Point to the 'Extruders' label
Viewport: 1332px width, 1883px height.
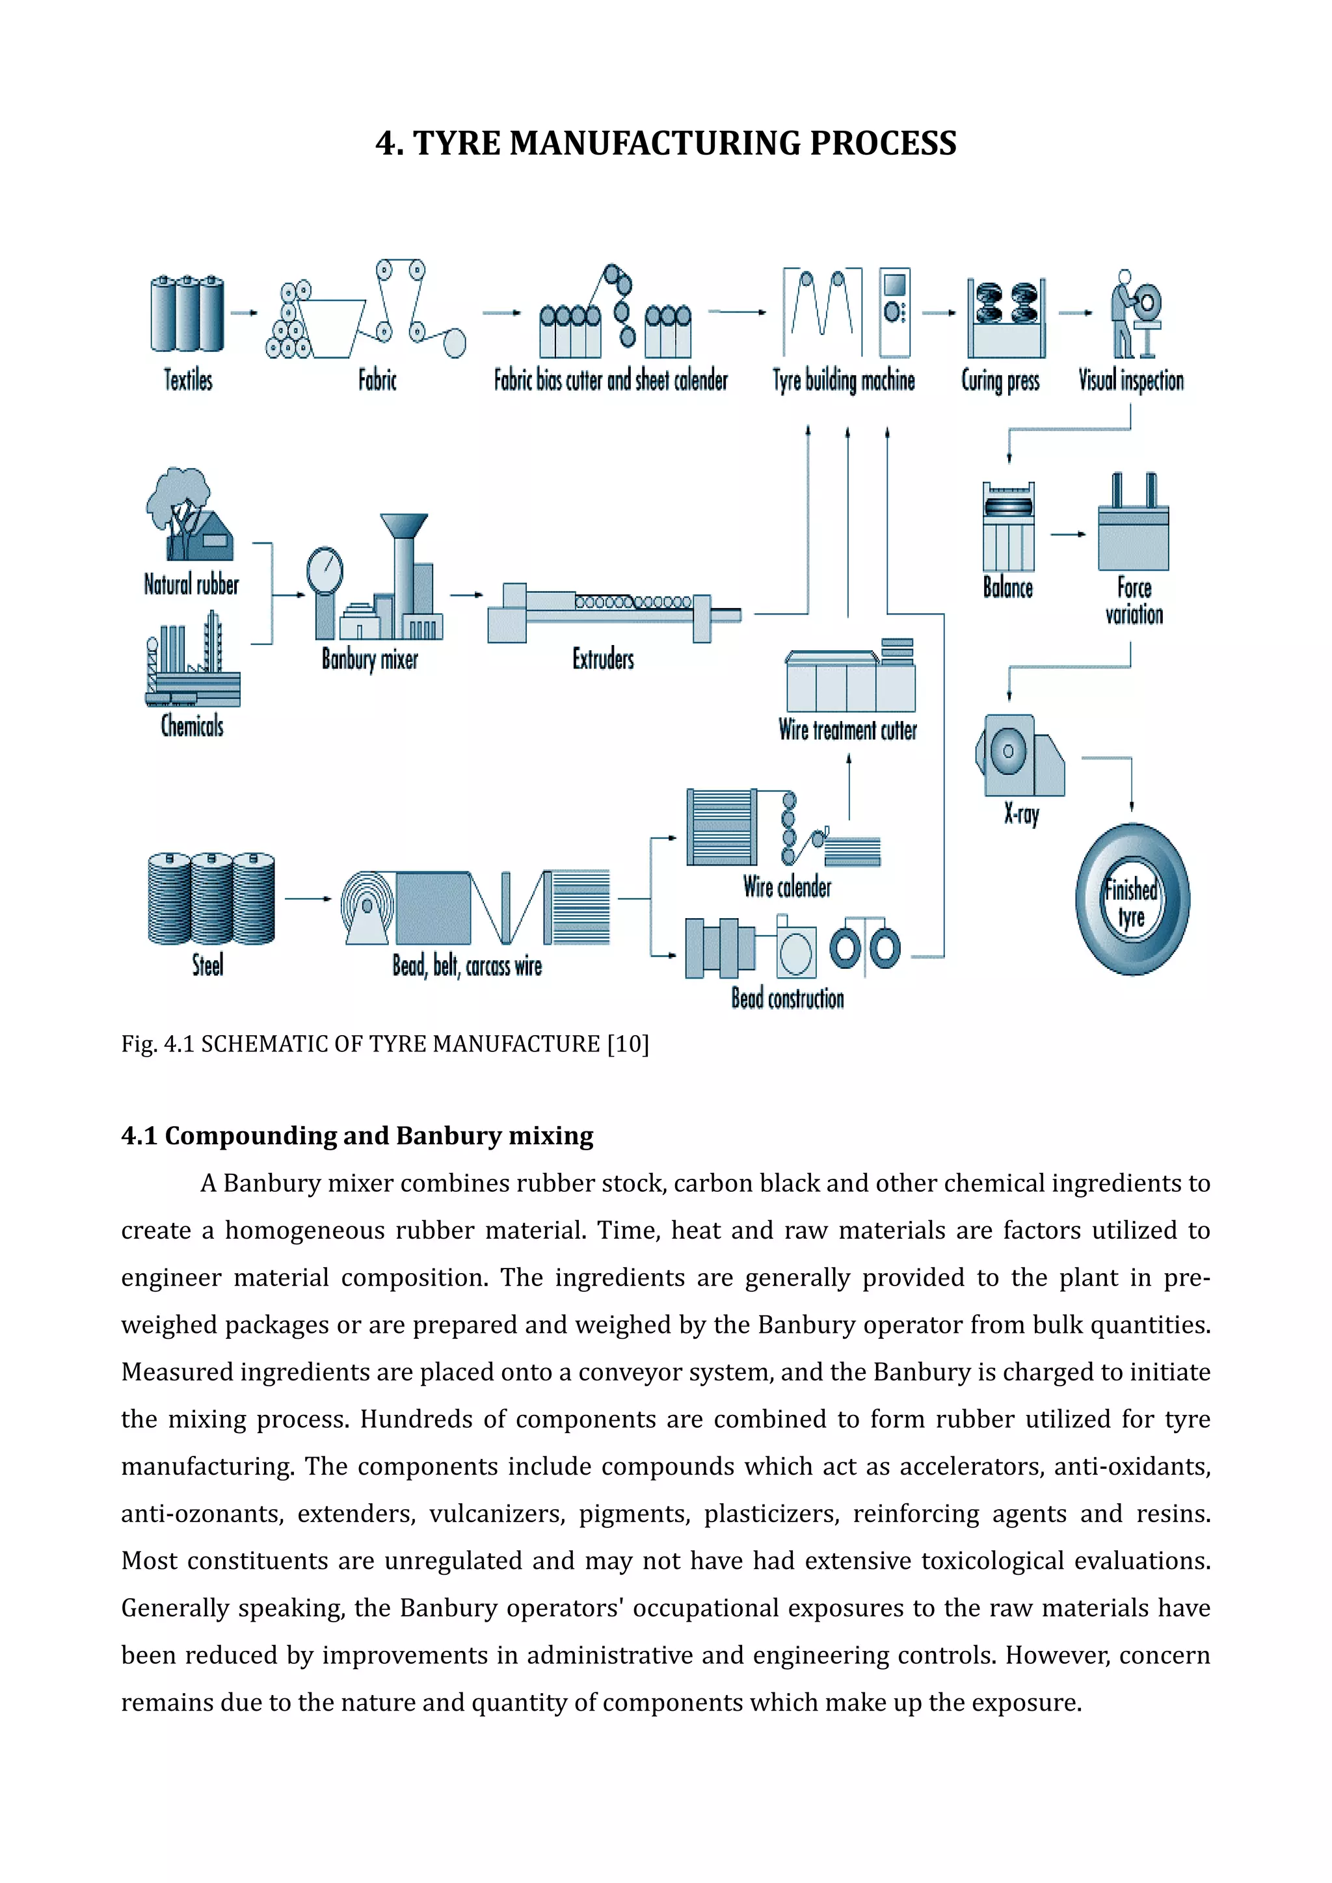pyautogui.click(x=603, y=659)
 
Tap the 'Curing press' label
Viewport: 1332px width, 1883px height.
pyautogui.click(x=1000, y=380)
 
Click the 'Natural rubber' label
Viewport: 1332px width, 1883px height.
pyautogui.click(x=191, y=585)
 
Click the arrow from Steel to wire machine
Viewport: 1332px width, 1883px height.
pyautogui.click(x=308, y=899)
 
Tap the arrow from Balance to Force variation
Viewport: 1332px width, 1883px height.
pyautogui.click(x=1067, y=534)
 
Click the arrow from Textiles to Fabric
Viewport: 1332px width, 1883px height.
pyautogui.click(x=244, y=313)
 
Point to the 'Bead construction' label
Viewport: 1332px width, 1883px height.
pyautogui.click(x=788, y=999)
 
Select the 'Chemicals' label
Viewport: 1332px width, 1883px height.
pyautogui.click(x=192, y=726)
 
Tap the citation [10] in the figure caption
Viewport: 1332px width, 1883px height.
pyautogui.click(x=628, y=1044)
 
